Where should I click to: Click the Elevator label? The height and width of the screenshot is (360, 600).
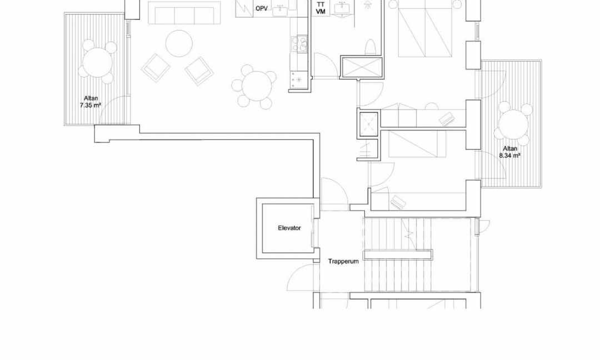[289, 228]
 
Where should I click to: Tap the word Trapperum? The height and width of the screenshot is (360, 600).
[344, 261]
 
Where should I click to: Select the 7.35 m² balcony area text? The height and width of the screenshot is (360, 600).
[91, 105]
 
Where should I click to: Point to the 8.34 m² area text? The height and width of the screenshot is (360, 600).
[509, 156]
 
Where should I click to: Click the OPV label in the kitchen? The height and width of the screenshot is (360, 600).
[261, 8]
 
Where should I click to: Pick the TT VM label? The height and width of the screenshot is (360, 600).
[321, 8]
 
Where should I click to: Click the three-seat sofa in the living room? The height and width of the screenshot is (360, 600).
[184, 13]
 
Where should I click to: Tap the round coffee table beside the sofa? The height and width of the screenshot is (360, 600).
[179, 43]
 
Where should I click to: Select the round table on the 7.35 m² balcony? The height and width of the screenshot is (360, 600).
[98, 63]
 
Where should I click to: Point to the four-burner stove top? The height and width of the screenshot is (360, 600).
[299, 44]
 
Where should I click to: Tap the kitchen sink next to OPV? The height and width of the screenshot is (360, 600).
[281, 10]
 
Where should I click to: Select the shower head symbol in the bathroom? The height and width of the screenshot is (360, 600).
[367, 5]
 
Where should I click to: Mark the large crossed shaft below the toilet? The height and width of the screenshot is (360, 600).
[362, 68]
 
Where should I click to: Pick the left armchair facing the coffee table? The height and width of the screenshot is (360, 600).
[156, 68]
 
